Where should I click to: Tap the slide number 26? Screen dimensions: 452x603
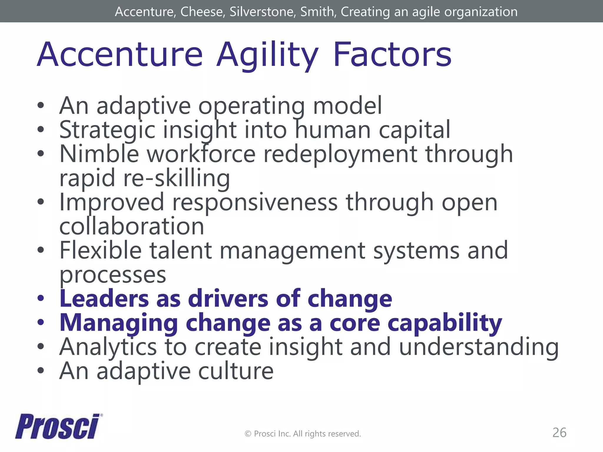(x=559, y=433)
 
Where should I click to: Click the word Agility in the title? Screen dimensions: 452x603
(x=267, y=55)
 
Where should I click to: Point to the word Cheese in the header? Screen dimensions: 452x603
(x=203, y=12)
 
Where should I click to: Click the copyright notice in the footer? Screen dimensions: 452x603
(x=303, y=434)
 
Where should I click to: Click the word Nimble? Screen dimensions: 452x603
(x=99, y=154)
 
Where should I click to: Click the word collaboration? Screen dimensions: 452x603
(x=132, y=226)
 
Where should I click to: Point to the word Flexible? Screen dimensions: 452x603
(x=100, y=250)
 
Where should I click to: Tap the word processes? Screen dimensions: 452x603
(x=113, y=275)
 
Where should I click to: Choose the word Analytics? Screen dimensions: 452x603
(x=108, y=348)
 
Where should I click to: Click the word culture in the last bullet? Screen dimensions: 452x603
(x=236, y=371)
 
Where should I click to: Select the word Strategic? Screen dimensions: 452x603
(x=107, y=130)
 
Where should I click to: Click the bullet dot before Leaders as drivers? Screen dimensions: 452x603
(x=41, y=299)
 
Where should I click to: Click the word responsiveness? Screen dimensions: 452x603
(x=255, y=202)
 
